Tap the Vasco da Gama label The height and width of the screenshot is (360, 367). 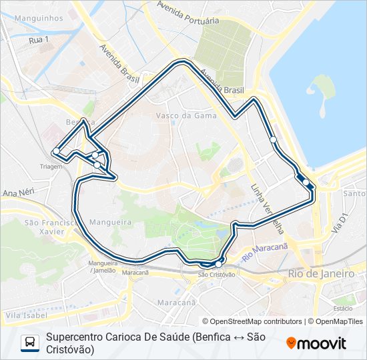(x=177, y=115)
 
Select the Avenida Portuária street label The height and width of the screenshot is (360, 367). (x=188, y=13)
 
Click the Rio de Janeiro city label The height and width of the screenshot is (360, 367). (x=321, y=274)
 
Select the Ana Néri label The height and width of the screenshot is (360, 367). (x=18, y=193)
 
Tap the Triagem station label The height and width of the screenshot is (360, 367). (x=51, y=167)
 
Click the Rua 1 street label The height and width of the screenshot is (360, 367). (x=39, y=41)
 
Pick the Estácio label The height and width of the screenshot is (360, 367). (x=343, y=309)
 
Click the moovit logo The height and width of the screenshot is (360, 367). (x=317, y=343)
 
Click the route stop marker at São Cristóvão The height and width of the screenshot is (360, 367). (x=218, y=265)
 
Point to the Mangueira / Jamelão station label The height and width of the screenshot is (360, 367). (x=101, y=267)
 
